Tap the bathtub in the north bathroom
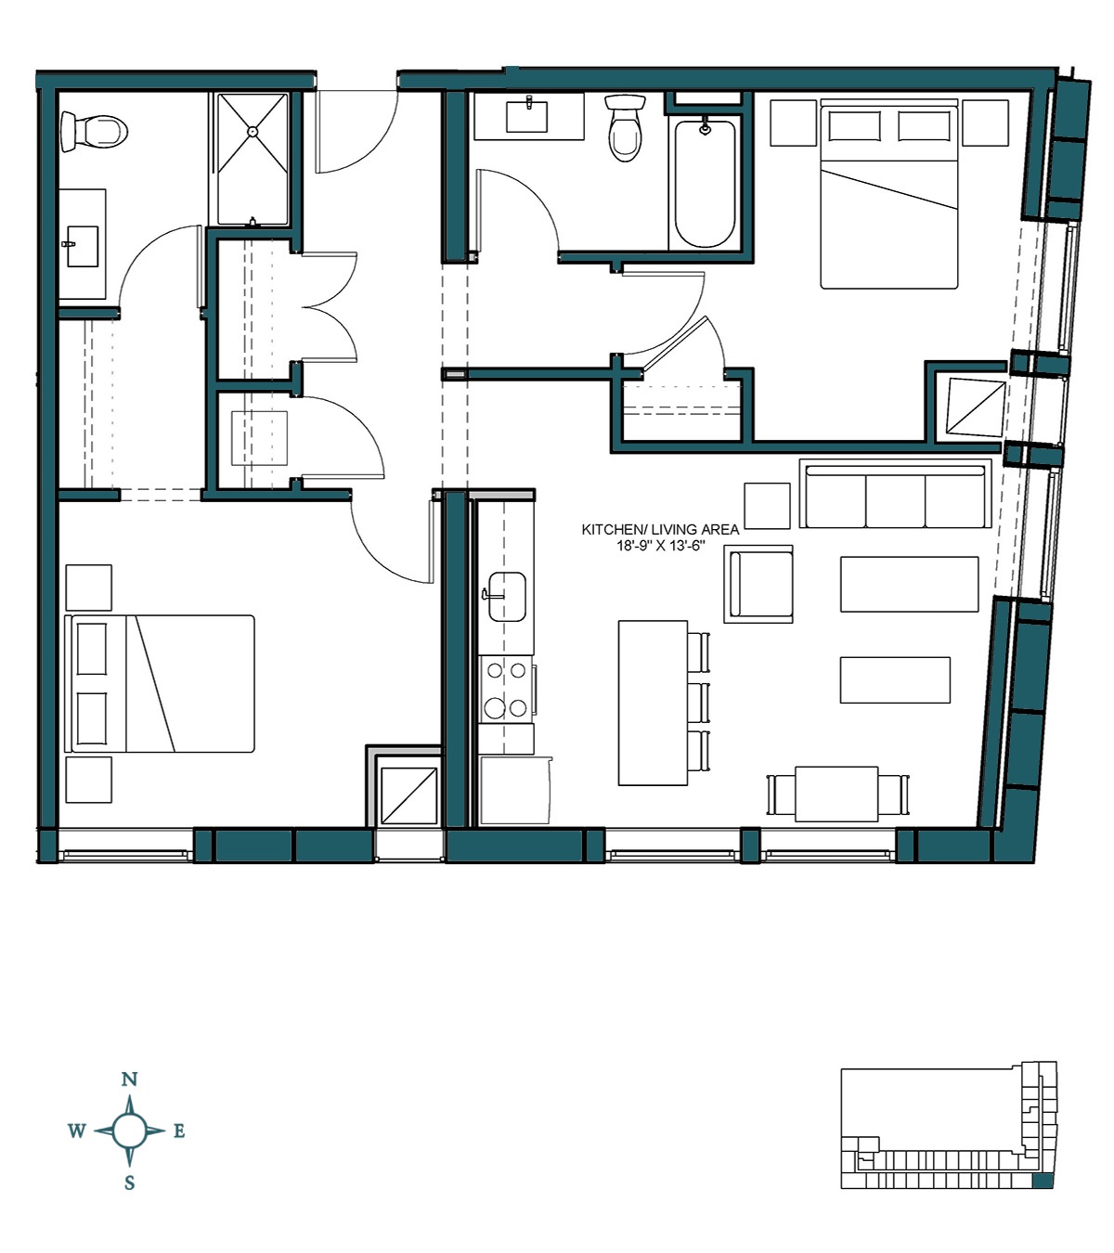click(x=705, y=183)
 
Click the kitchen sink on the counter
click(x=506, y=595)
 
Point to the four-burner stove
click(x=506, y=688)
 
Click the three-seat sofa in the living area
click(x=895, y=495)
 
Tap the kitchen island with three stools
click(x=654, y=704)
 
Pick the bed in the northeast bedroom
click(x=888, y=195)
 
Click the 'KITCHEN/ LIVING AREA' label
click(x=660, y=529)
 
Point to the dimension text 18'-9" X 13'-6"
click(x=660, y=546)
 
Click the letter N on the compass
click(x=130, y=1079)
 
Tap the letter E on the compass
click(x=179, y=1130)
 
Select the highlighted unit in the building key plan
click(x=1043, y=1181)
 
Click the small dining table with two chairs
click(x=836, y=794)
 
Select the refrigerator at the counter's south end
click(x=514, y=790)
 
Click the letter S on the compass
click(x=130, y=1182)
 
